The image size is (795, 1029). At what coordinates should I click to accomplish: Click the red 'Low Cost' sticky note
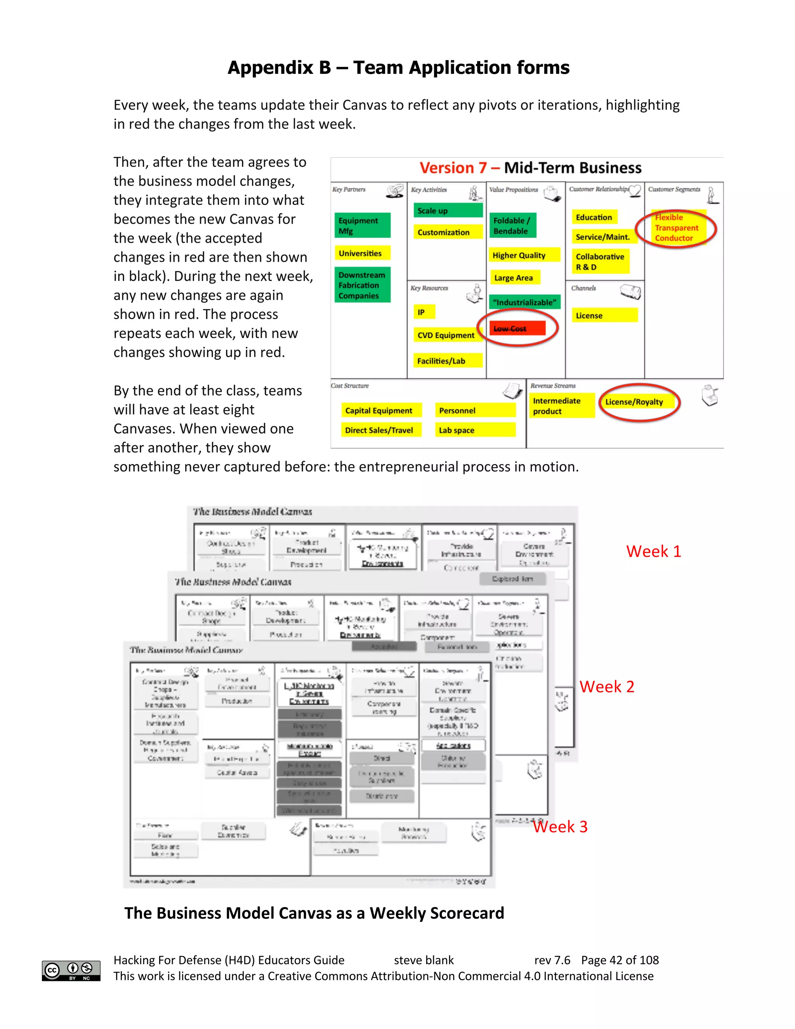point(517,328)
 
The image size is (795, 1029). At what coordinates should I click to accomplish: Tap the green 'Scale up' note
point(448,210)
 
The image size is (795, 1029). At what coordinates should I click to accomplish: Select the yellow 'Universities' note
point(363,253)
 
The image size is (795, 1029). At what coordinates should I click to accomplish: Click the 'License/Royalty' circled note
point(636,402)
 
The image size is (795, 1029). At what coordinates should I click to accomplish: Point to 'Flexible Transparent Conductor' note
point(677,228)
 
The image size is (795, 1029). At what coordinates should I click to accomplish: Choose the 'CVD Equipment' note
point(446,335)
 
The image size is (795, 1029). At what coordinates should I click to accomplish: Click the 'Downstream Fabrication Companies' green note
point(362,285)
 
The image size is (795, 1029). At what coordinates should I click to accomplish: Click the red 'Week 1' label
point(653,551)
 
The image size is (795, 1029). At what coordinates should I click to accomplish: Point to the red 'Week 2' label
point(607,687)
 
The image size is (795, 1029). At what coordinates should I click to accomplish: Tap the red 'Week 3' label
point(560,826)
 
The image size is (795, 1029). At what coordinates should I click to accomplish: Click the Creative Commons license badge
point(71,971)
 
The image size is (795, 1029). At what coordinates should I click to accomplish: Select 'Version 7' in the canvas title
point(453,168)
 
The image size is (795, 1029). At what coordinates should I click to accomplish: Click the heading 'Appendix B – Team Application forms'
point(398,68)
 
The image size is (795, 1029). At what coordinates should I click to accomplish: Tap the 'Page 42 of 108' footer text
point(620,960)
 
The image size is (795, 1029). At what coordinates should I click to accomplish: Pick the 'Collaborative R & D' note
point(601,261)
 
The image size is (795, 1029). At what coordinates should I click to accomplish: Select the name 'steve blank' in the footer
point(424,960)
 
